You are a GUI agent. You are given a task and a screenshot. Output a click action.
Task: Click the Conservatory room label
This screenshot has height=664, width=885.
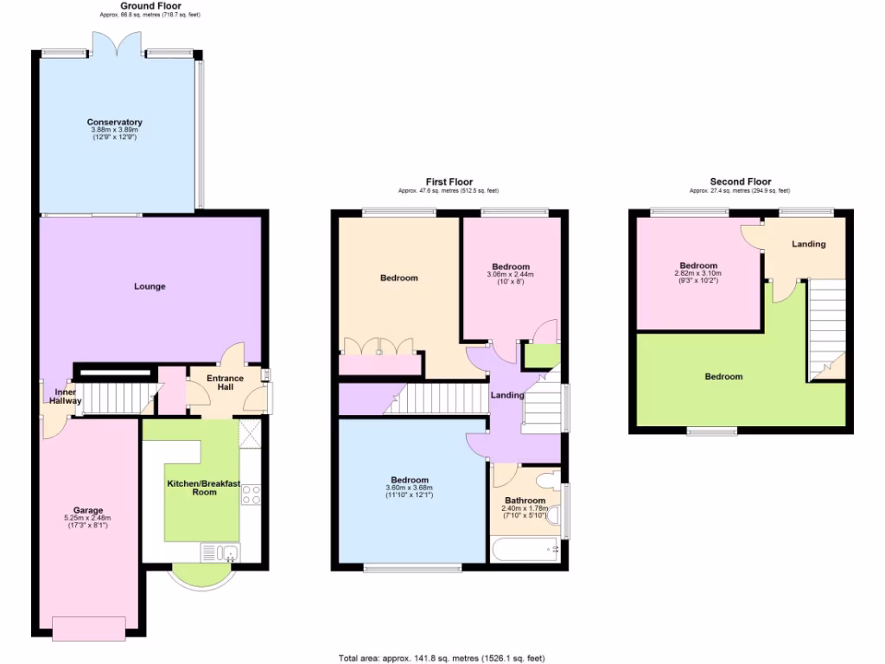[x=114, y=122]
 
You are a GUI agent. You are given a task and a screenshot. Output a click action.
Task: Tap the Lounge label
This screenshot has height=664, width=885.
[x=150, y=286]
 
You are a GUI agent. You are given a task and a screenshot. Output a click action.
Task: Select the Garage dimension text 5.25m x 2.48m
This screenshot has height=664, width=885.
[x=87, y=518]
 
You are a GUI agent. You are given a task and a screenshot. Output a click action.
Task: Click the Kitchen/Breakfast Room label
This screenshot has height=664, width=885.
[x=191, y=487]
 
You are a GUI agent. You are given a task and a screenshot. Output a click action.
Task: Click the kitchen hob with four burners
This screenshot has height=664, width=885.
[x=251, y=495]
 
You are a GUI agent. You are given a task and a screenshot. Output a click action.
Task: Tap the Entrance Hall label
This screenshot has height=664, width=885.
[x=214, y=383]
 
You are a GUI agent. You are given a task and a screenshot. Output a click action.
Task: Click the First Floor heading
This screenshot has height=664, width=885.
[x=449, y=182]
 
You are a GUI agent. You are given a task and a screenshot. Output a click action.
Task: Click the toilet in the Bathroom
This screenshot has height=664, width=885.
[x=548, y=481]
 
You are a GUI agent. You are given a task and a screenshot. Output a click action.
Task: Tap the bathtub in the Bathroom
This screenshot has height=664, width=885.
[x=525, y=549]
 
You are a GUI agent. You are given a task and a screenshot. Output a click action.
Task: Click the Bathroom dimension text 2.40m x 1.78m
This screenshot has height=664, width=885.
[x=525, y=510]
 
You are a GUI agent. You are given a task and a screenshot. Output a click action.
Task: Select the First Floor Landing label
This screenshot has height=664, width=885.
[x=507, y=395]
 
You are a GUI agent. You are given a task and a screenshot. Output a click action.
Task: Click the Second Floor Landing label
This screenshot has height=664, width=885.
[x=808, y=244]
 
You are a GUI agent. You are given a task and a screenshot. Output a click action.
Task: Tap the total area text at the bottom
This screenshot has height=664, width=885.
[x=442, y=658]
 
